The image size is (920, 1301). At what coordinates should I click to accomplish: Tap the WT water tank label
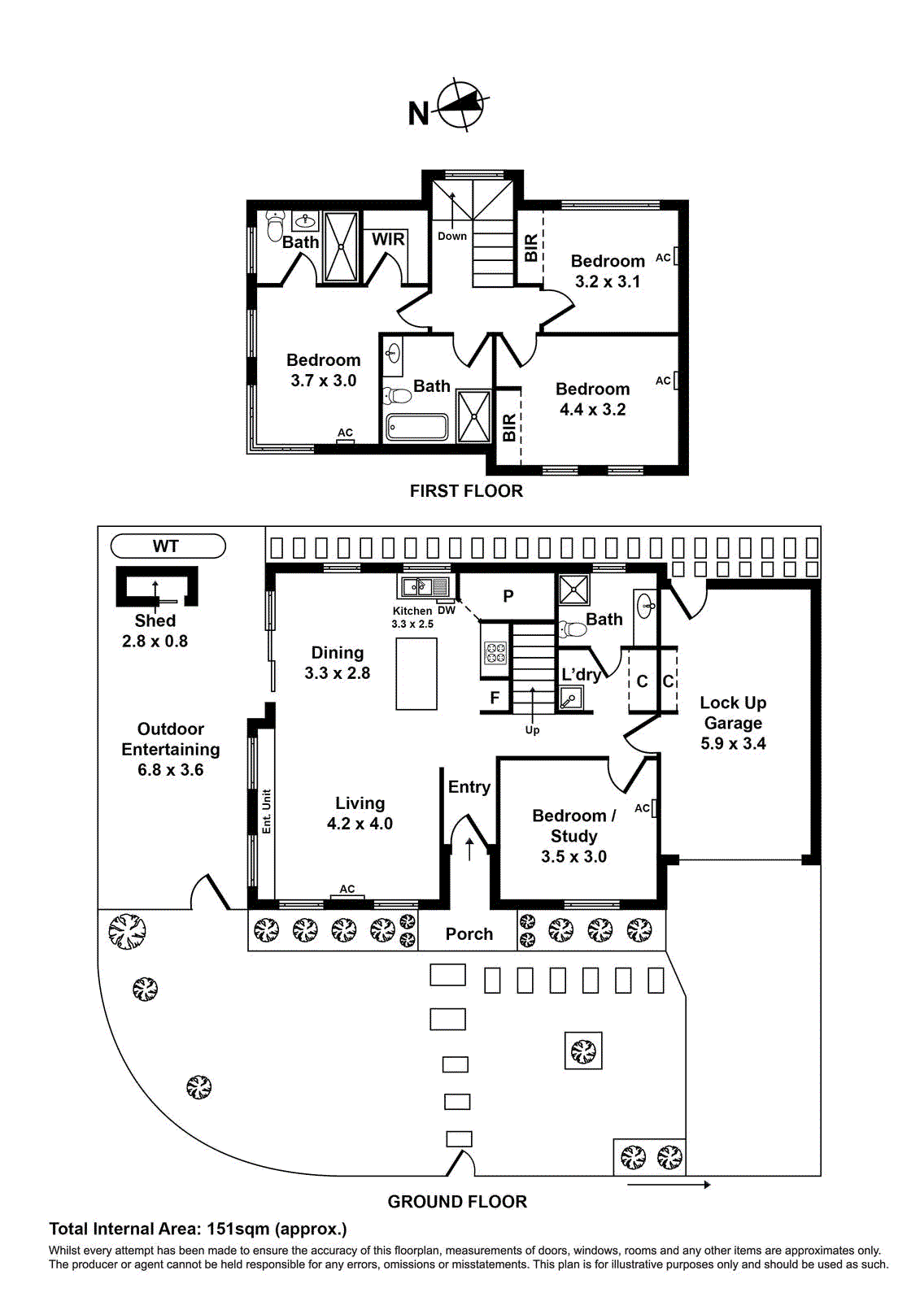tap(166, 546)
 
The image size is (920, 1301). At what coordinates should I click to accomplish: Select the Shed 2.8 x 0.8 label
tap(155, 631)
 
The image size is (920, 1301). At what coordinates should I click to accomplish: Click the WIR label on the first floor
tap(388, 239)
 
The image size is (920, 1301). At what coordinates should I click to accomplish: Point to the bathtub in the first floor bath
tap(416, 427)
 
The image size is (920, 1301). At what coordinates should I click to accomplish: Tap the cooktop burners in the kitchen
tap(495, 653)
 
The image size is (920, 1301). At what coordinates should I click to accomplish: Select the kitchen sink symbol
tap(423, 586)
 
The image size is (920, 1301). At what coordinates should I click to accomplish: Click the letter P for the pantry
tap(508, 596)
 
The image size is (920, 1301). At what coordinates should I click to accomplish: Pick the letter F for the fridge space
tap(495, 698)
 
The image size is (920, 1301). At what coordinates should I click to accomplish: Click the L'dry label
tap(581, 674)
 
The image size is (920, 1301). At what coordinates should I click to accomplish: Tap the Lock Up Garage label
tap(733, 722)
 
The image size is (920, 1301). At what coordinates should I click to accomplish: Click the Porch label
tap(469, 934)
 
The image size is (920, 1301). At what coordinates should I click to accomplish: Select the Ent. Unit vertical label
tap(266, 811)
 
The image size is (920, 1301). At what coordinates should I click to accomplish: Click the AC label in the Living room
tap(347, 889)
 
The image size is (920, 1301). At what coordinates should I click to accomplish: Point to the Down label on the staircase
tap(452, 236)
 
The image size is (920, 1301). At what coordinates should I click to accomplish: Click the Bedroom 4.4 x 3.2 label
tap(592, 399)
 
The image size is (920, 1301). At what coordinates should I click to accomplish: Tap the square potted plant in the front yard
tap(583, 1051)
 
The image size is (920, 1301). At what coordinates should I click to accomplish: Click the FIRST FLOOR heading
tap(466, 491)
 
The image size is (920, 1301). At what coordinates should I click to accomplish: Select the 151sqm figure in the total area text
tap(238, 1229)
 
